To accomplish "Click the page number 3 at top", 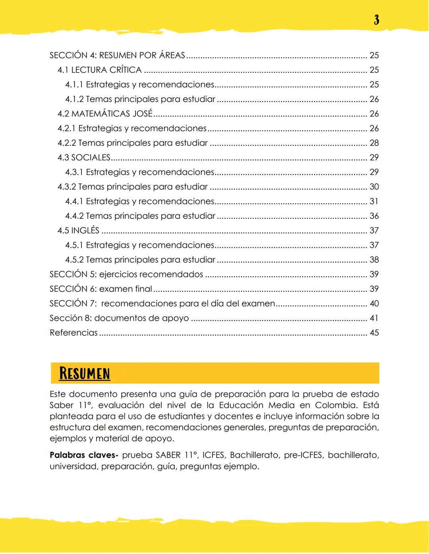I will click(x=376, y=20).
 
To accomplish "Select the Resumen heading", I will click(x=84, y=374).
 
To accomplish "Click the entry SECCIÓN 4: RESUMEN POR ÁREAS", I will click(x=117, y=56).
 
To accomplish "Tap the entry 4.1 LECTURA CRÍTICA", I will click(x=99, y=70).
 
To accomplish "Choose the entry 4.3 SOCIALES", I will click(x=84, y=157).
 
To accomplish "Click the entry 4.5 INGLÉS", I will click(x=78, y=230).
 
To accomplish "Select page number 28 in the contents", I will click(x=374, y=143).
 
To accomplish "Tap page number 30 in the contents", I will click(x=374, y=187).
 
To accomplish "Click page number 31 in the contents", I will click(x=374, y=201).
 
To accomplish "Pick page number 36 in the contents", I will click(x=374, y=216).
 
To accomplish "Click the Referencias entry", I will click(x=73, y=333).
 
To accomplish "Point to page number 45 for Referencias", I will click(x=374, y=333).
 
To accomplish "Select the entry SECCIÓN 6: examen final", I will click(x=101, y=289).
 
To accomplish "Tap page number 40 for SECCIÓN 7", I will click(x=374, y=304).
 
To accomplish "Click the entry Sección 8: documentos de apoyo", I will click(x=119, y=318).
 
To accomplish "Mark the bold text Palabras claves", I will click(x=84, y=455).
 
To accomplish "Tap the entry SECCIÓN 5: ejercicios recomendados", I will click(x=126, y=274).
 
